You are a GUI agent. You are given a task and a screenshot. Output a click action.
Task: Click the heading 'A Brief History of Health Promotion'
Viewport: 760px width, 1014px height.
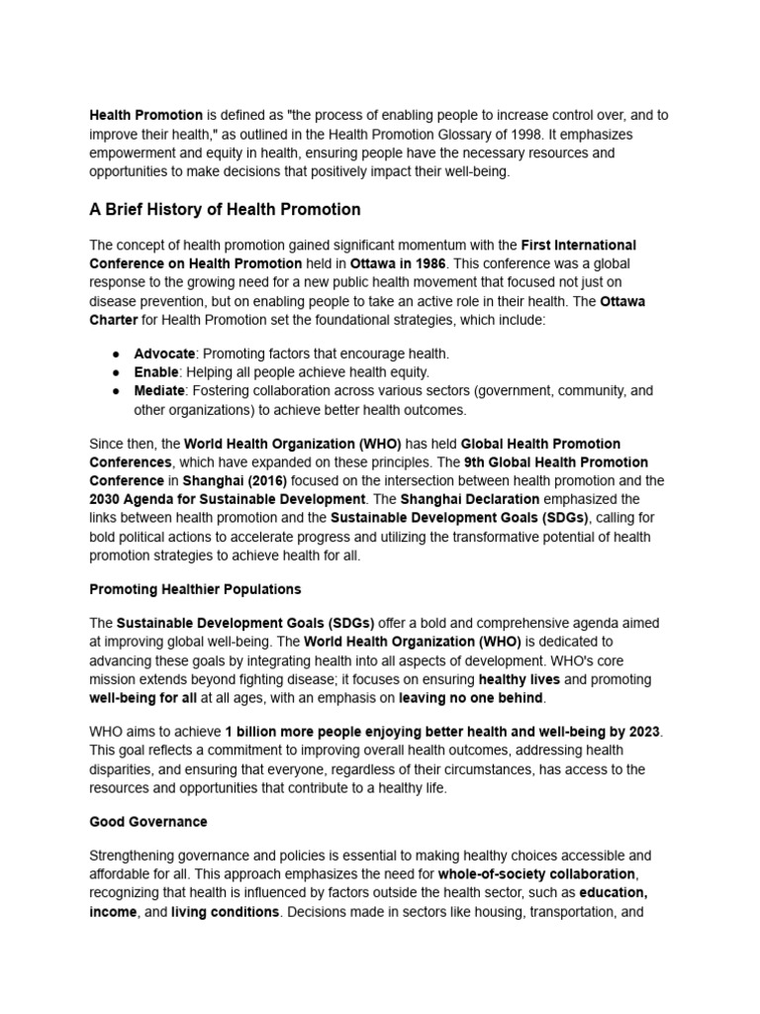(225, 210)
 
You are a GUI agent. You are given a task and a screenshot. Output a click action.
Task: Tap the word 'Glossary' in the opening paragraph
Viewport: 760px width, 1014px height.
(489, 134)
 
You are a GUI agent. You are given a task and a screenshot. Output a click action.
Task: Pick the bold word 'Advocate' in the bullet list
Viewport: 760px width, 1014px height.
(164, 354)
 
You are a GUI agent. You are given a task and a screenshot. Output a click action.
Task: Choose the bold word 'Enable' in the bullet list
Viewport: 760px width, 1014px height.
(156, 372)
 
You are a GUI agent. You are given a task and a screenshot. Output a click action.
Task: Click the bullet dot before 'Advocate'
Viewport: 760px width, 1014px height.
(116, 355)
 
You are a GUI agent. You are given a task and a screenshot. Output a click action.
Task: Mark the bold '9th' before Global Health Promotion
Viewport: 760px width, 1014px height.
(450, 462)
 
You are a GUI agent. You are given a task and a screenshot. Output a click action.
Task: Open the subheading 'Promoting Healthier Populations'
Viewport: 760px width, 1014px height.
(195, 589)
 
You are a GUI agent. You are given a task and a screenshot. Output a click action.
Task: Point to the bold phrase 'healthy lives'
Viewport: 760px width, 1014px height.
(519, 680)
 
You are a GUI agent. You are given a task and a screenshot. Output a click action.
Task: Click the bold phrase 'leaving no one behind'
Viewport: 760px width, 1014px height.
(471, 698)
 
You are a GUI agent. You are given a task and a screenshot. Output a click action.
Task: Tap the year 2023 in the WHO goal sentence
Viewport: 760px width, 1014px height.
(642, 732)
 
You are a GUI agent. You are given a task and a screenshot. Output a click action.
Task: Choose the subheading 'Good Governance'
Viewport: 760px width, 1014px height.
(148, 822)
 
